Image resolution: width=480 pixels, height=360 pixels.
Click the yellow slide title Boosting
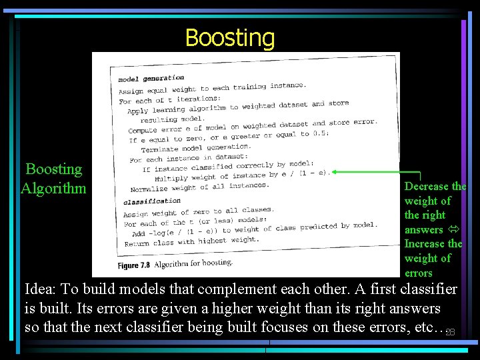click(229, 38)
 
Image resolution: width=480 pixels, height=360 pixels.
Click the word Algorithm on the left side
click(53, 188)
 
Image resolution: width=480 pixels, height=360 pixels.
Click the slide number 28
click(450, 332)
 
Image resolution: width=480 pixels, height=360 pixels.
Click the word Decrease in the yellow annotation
click(427, 187)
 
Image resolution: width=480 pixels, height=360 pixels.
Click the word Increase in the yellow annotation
click(426, 244)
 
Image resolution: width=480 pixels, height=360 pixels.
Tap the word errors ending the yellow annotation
click(418, 273)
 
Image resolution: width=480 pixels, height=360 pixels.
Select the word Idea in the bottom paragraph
click(40, 289)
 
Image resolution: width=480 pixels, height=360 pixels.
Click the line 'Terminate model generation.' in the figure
click(195, 148)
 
